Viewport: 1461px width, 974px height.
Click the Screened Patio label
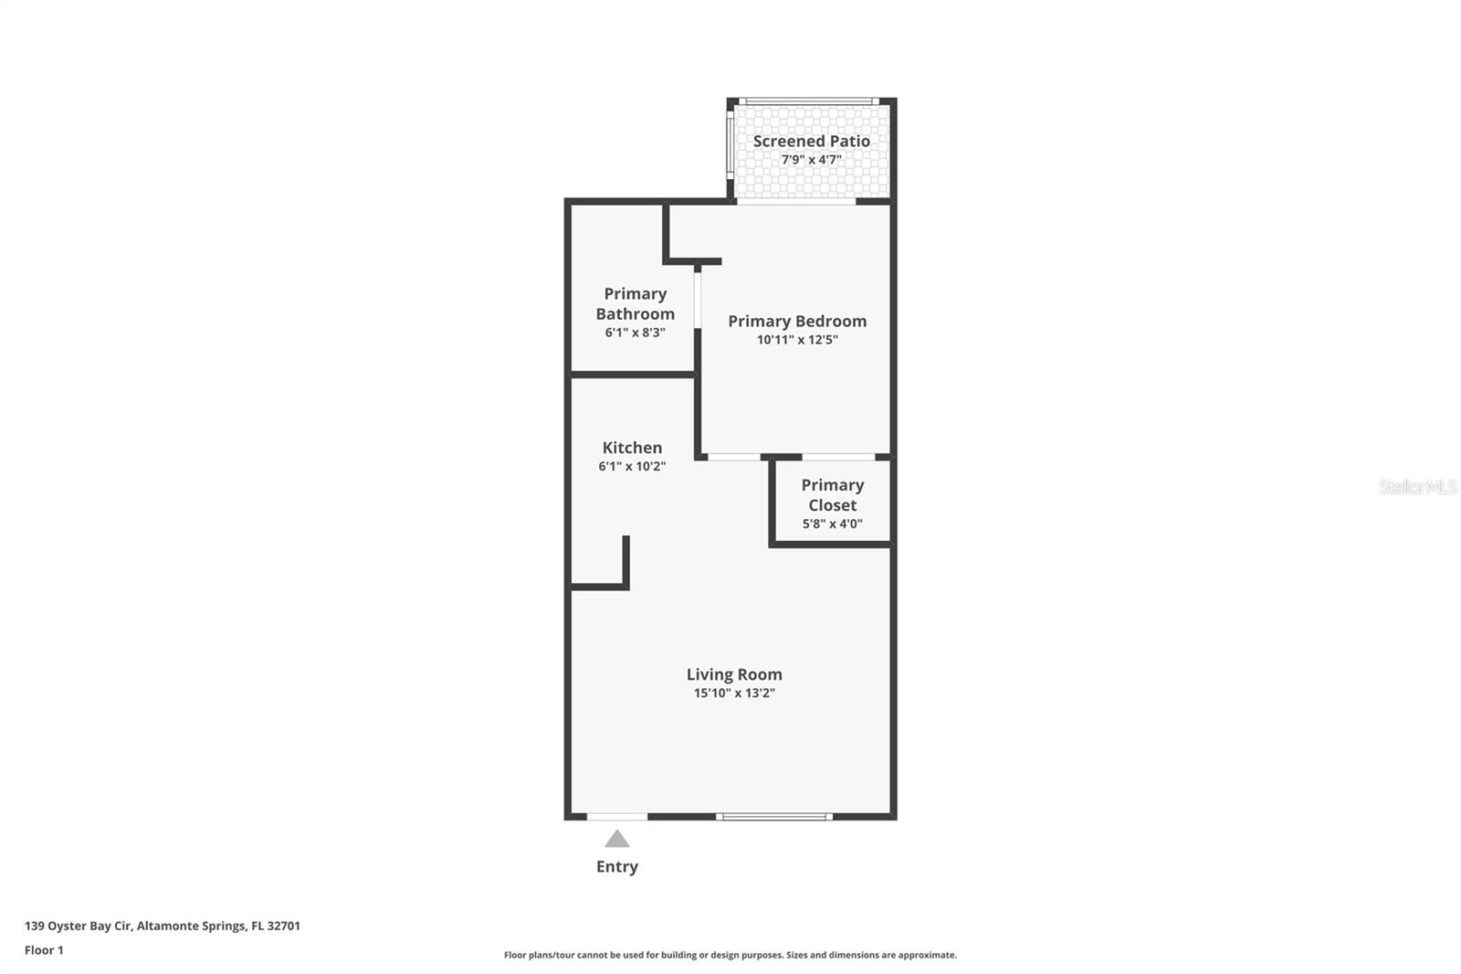811,141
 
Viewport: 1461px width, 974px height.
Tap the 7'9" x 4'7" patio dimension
811,160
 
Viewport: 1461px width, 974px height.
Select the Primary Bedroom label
796,321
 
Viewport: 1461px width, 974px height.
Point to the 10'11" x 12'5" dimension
796,340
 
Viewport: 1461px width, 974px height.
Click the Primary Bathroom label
635,303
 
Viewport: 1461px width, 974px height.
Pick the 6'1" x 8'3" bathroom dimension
635,333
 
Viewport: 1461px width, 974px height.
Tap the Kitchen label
632,448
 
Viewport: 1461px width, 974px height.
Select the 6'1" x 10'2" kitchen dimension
632,467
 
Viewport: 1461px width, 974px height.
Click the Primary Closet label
832,495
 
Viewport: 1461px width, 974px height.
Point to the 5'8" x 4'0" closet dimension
832,524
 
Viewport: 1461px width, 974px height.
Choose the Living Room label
734,674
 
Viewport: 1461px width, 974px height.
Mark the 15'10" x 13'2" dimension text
734,693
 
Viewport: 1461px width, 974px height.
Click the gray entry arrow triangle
617,839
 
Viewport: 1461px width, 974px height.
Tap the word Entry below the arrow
617,866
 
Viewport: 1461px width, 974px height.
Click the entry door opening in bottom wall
617,816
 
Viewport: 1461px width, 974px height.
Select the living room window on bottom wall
773,816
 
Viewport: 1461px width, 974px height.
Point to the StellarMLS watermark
1417,487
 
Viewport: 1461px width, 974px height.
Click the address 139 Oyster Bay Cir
162,926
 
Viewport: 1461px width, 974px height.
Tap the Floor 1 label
44,950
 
